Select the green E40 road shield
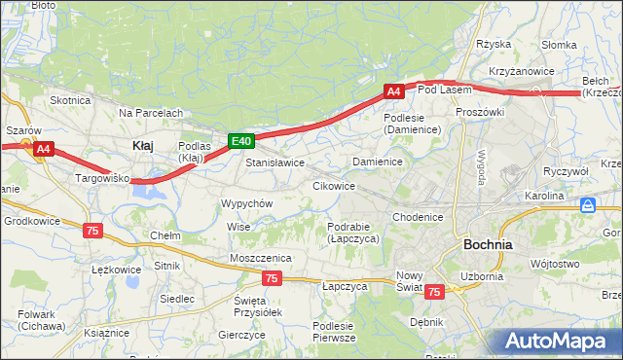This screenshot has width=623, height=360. (x=241, y=141)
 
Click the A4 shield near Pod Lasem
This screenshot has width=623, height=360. (x=393, y=91)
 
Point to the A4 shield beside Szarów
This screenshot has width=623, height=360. (x=43, y=149)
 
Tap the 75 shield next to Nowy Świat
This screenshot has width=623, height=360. (x=434, y=291)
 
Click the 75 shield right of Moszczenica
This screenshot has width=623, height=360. (x=272, y=279)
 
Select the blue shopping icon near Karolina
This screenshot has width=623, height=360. (x=588, y=206)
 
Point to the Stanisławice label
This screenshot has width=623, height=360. (x=275, y=162)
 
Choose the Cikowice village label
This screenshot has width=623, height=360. (x=333, y=185)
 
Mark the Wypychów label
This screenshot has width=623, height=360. (x=246, y=203)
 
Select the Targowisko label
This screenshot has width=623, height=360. (x=103, y=179)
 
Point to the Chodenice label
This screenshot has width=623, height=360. (x=419, y=217)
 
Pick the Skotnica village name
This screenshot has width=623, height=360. (x=70, y=100)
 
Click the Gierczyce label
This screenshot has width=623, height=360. (x=242, y=334)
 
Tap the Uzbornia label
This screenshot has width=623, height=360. (x=482, y=276)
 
